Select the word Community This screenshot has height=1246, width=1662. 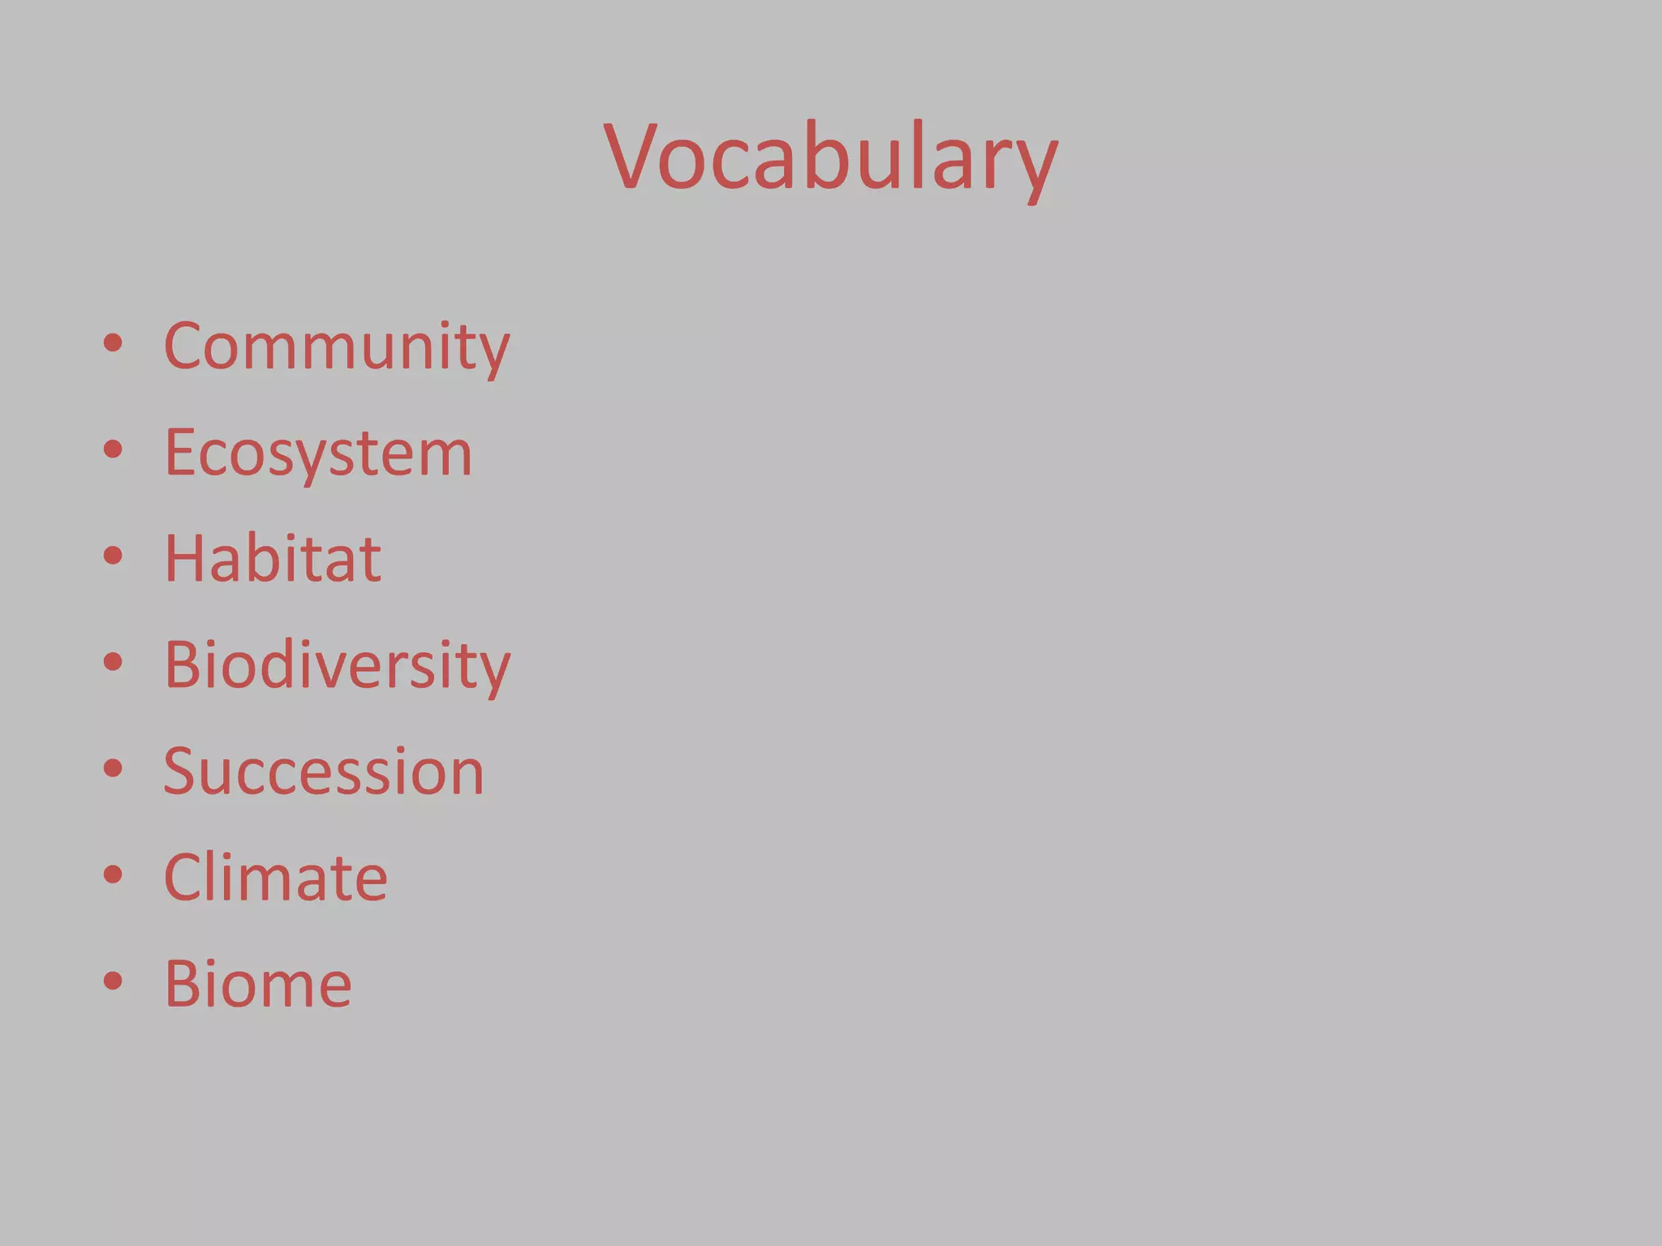337,347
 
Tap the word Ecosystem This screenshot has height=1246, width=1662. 318,453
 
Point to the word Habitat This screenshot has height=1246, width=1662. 273,559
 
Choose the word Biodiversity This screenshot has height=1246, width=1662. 338,665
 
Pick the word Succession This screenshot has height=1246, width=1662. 324,771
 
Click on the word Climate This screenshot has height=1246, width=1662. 276,878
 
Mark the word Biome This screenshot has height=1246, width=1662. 258,984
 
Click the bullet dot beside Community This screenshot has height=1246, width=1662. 113,343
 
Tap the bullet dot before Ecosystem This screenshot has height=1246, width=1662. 113,449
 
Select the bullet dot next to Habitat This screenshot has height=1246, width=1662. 113,556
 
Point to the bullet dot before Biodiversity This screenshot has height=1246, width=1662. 113,662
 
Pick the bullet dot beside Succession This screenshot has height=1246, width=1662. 113,768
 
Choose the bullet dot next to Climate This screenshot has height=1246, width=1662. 113,874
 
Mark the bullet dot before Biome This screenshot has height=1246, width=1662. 113,981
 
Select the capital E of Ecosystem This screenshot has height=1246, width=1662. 180,453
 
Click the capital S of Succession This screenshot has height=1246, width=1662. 181,771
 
